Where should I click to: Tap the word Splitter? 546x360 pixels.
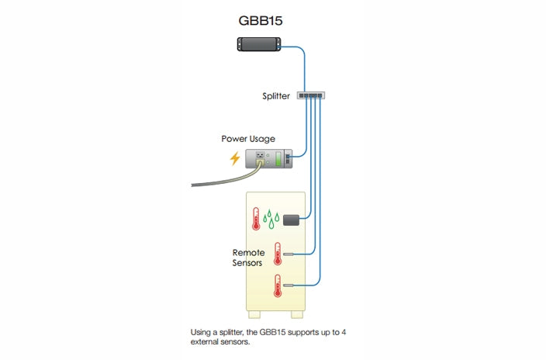[275, 96]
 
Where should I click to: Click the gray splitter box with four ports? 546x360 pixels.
[310, 95]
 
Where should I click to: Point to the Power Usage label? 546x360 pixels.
[248, 139]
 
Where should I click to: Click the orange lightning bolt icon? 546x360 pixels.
[235, 159]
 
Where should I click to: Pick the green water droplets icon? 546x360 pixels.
[271, 220]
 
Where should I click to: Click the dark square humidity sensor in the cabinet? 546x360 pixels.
[292, 220]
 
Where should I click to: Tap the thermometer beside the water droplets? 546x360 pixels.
[255, 218]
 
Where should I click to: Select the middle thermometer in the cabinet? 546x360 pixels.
[277, 254]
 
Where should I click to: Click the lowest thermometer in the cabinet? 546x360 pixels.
[277, 286]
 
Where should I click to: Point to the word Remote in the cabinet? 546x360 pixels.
[248, 253]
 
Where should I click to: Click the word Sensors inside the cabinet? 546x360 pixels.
[248, 263]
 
